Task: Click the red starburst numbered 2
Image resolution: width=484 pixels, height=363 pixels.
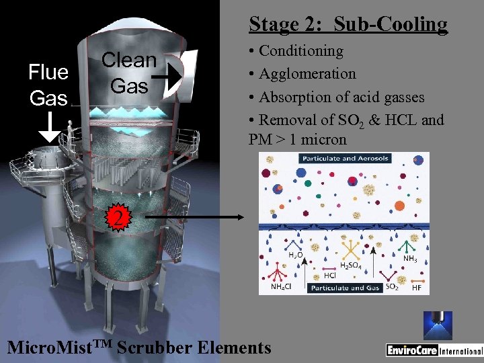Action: click(117, 217)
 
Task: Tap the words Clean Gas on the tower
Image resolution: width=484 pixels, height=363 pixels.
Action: click(128, 73)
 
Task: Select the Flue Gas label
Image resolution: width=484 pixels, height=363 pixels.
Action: click(48, 85)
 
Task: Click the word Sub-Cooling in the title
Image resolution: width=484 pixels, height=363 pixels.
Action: click(391, 24)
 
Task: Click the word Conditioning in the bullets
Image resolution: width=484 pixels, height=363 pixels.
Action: click(300, 51)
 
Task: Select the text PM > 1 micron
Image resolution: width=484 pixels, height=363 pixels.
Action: click(297, 140)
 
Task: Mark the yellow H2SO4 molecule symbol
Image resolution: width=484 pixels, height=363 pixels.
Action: click(350, 250)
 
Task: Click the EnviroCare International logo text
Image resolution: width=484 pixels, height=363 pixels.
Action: click(434, 350)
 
